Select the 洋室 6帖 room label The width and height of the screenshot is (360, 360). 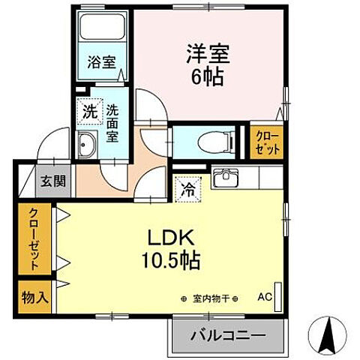tap(207, 65)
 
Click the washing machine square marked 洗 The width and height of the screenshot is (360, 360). tap(88, 113)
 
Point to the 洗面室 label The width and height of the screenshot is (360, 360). tap(112, 123)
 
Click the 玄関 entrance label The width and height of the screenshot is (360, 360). tap(52, 181)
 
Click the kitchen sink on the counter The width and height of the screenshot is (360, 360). tap(224, 178)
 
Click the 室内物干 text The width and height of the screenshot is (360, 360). tap(209, 298)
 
